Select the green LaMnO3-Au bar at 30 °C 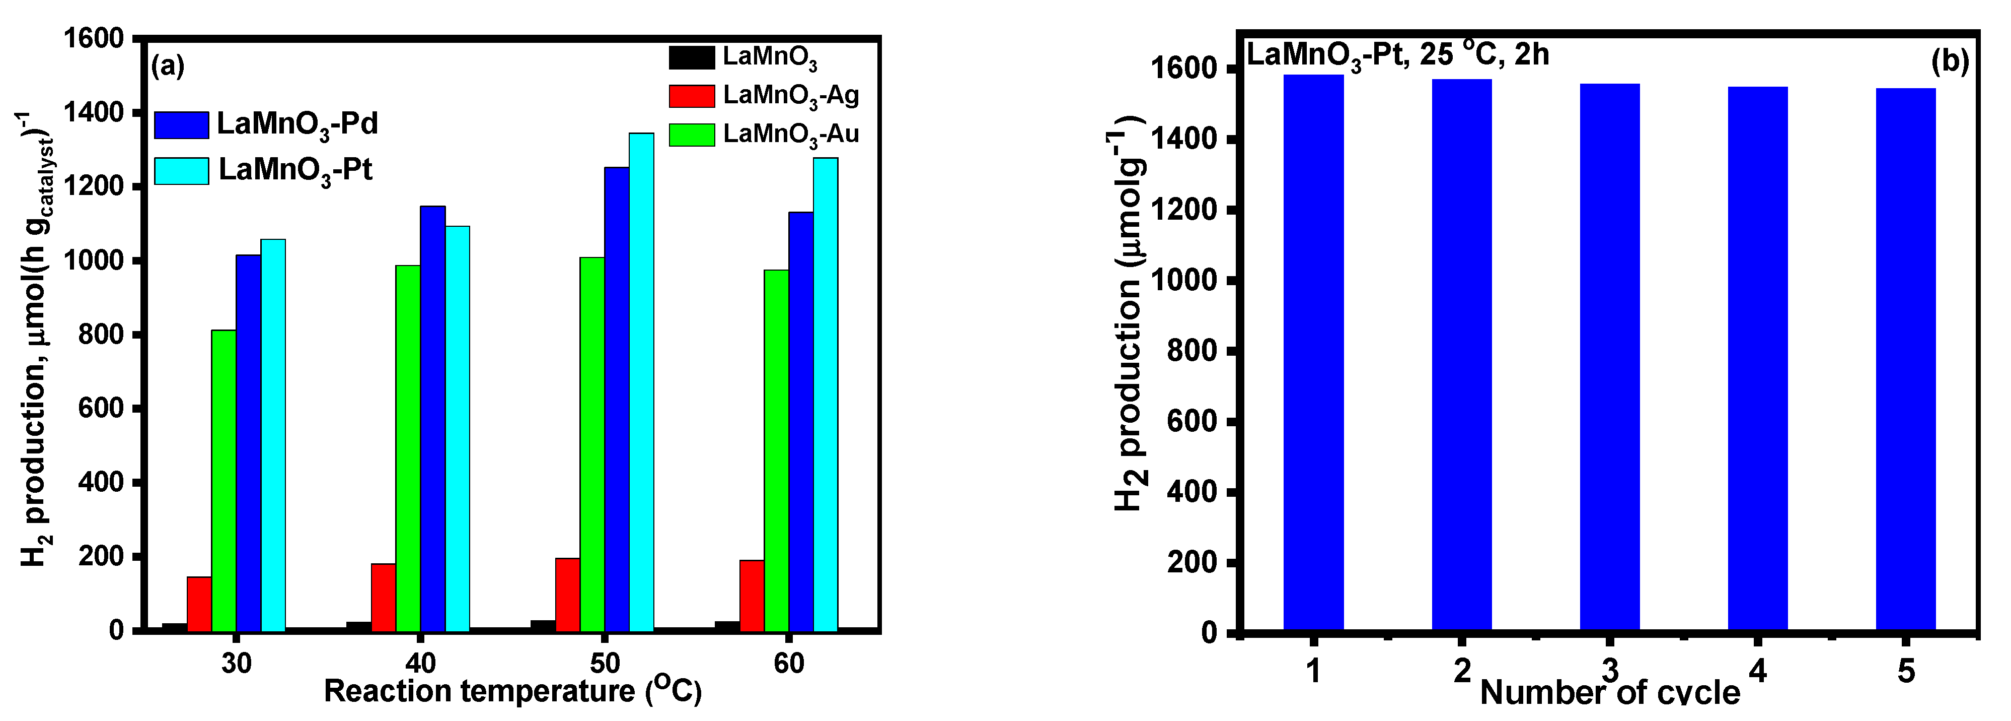pos(224,480)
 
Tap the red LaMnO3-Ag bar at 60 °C pos(751,595)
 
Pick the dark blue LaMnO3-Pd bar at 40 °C pos(432,418)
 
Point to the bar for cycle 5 pos(1906,359)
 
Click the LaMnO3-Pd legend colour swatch pos(181,125)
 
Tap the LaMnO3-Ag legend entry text pos(790,95)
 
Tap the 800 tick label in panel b pos(1192,351)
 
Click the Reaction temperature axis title pos(512,691)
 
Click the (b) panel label pos(1949,61)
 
